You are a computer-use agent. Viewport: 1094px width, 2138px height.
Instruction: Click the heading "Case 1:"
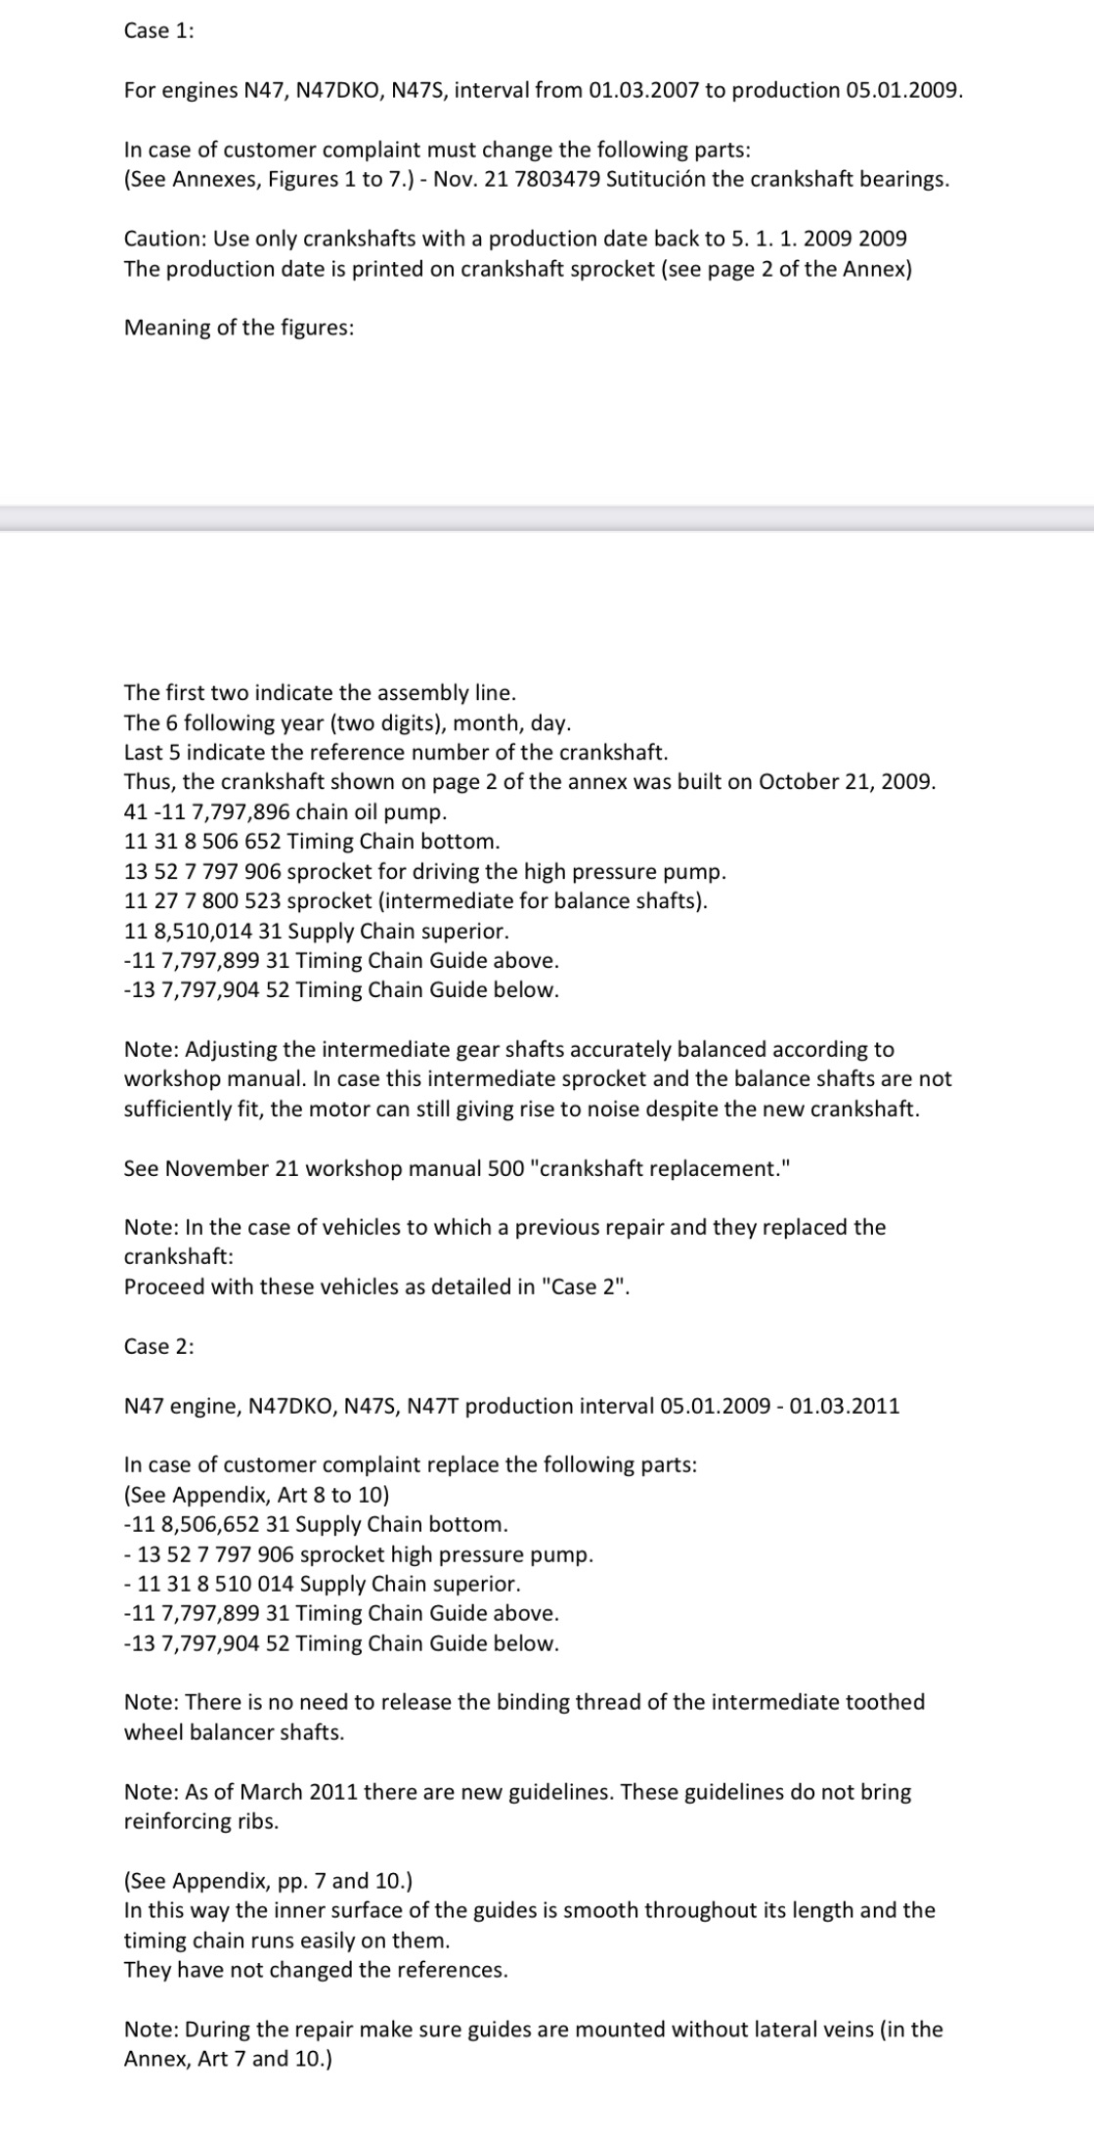click(x=158, y=30)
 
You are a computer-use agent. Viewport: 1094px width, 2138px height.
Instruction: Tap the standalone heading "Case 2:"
click(x=158, y=1346)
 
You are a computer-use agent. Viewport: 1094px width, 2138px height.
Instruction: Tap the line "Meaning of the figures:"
click(x=239, y=327)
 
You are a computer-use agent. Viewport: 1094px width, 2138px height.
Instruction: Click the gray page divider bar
click(x=547, y=518)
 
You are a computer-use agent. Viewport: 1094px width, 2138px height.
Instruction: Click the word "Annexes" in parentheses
click(x=213, y=180)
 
